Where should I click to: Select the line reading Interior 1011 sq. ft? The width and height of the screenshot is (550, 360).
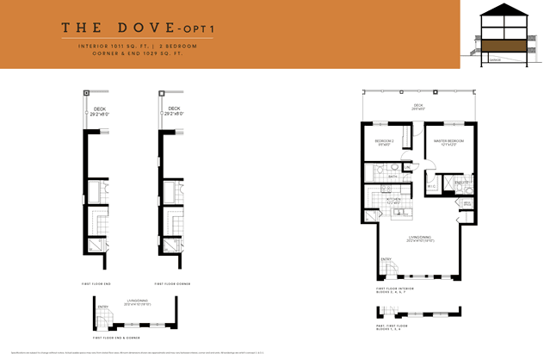point(111,47)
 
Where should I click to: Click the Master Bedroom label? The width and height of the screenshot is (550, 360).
point(448,141)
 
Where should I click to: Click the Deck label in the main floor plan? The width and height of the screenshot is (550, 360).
point(419,105)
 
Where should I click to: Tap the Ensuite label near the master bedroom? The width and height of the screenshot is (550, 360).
point(461,183)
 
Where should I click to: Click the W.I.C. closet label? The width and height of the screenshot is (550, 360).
point(432,184)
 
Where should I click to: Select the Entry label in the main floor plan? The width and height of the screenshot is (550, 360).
point(385,258)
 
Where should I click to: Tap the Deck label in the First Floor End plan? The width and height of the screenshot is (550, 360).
point(100,110)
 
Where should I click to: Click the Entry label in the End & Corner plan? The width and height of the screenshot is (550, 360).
point(103,307)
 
